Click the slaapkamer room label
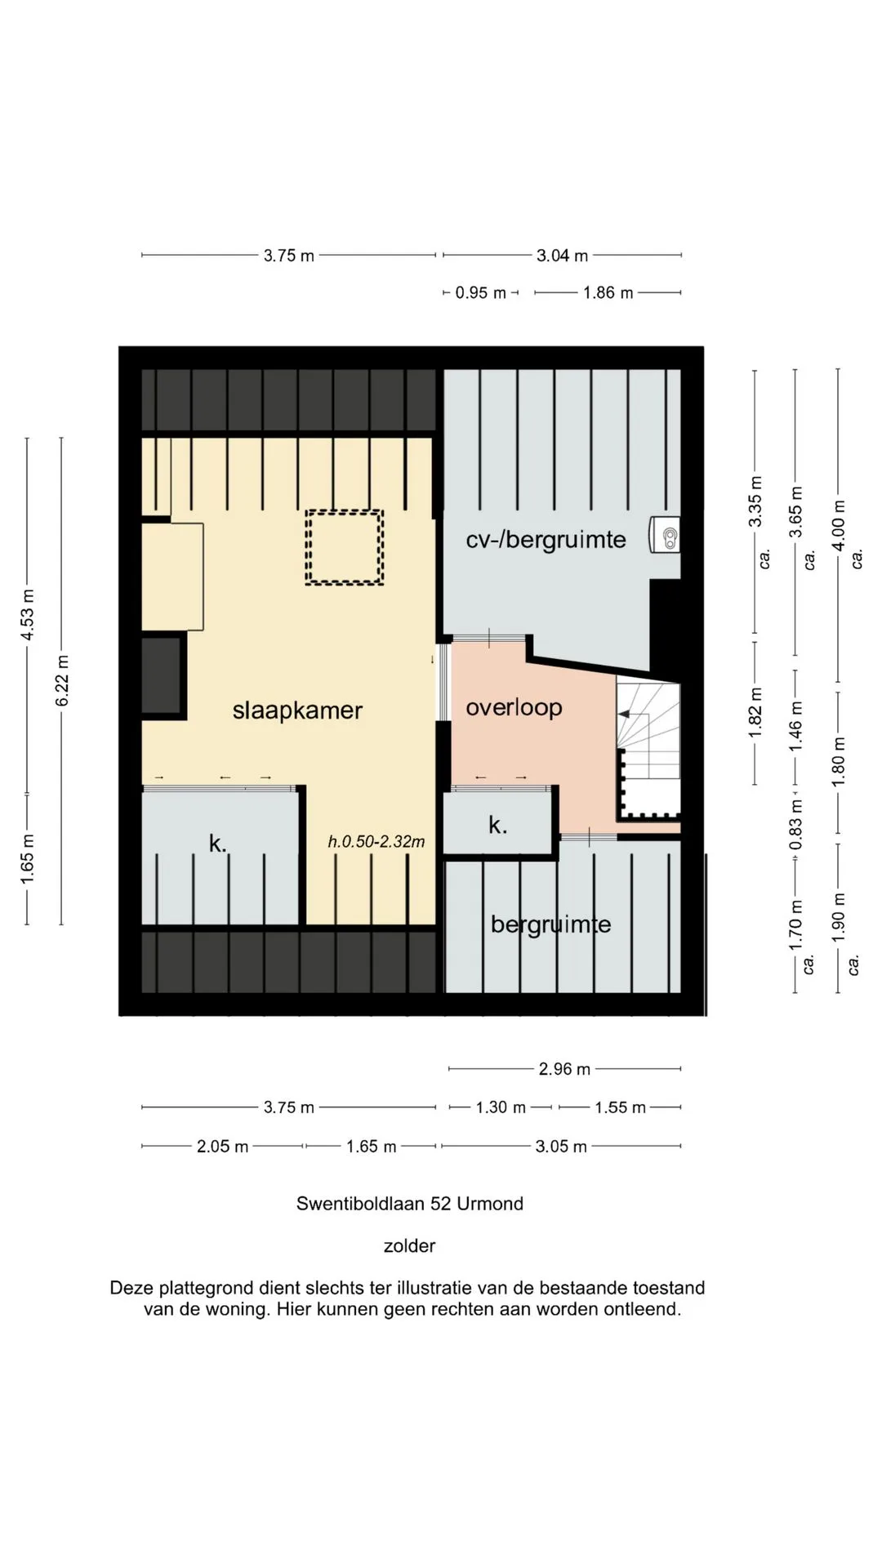tap(297, 710)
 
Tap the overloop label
tap(514, 707)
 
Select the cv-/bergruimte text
tap(546, 540)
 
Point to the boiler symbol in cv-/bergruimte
tap(666, 535)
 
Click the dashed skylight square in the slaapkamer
tap(345, 512)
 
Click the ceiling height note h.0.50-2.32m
tap(376, 842)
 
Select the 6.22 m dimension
tap(62, 681)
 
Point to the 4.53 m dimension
tap(27, 615)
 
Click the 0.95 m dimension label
tap(480, 292)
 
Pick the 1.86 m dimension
tap(608, 292)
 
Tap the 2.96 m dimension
tap(564, 1069)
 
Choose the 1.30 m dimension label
tap(501, 1107)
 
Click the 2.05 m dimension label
tap(222, 1147)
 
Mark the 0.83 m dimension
tap(796, 823)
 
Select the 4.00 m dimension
tap(838, 524)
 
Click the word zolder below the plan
tap(409, 1246)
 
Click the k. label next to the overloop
tap(497, 825)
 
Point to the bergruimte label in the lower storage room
tap(550, 924)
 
